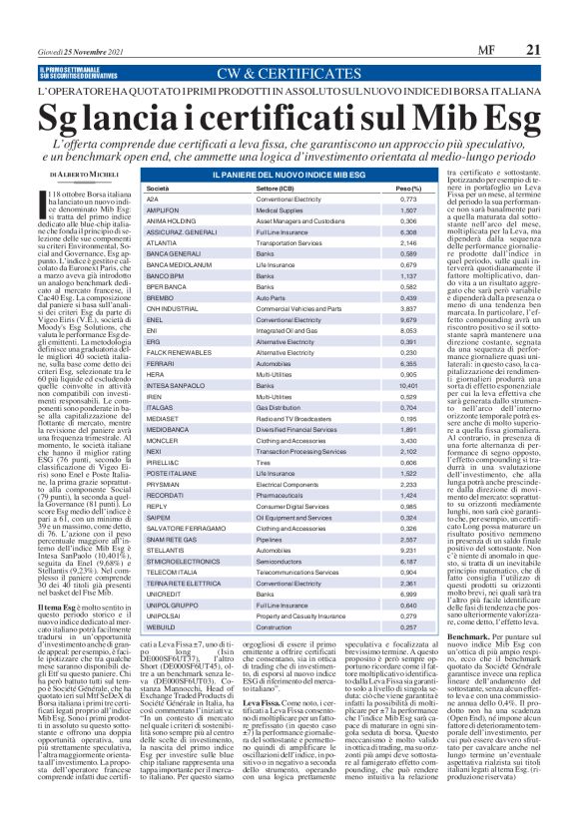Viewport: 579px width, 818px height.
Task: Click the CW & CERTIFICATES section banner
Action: coord(289,73)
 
